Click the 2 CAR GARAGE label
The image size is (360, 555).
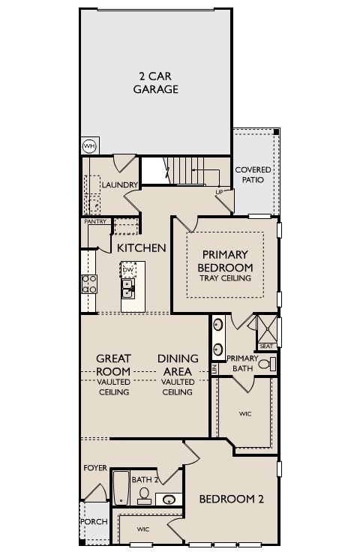pyautogui.click(x=156, y=82)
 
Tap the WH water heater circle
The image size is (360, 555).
pyautogui.click(x=89, y=145)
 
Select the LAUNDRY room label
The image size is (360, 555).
pyautogui.click(x=120, y=184)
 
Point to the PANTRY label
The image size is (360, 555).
pyautogui.click(x=94, y=221)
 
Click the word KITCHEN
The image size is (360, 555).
pyautogui.click(x=141, y=247)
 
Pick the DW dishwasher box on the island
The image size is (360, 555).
pyautogui.click(x=128, y=269)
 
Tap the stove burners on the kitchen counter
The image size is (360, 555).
pyautogui.click(x=88, y=283)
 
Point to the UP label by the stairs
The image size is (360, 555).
pyautogui.click(x=219, y=192)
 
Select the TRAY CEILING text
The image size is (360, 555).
pyautogui.click(x=225, y=278)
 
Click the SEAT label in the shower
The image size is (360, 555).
pyautogui.click(x=266, y=346)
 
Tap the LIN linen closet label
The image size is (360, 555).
pyautogui.click(x=214, y=369)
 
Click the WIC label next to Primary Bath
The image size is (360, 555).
pyautogui.click(x=245, y=413)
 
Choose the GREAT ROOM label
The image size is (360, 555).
pyautogui.click(x=113, y=364)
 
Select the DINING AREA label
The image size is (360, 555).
pyautogui.click(x=178, y=364)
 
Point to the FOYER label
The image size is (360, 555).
pyautogui.click(x=94, y=468)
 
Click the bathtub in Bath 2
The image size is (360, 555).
pyautogui.click(x=121, y=487)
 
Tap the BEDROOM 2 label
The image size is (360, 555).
pyautogui.click(x=230, y=498)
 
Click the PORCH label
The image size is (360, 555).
pyautogui.click(x=94, y=521)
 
